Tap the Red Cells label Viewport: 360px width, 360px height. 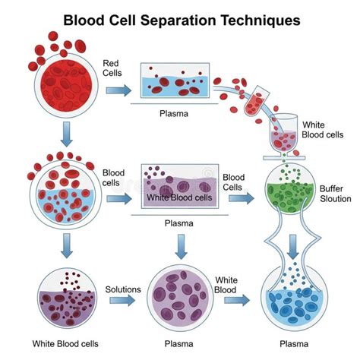(112, 68)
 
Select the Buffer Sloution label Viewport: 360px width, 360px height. (335, 194)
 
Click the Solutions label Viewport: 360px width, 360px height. (123, 289)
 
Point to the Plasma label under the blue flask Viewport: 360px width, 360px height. (294, 344)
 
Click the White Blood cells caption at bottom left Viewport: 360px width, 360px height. (65, 344)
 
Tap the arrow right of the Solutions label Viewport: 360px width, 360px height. (122, 300)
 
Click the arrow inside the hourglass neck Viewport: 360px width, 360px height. (293, 247)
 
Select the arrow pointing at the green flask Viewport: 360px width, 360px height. (242, 198)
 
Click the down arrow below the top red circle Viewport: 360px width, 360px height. (67, 134)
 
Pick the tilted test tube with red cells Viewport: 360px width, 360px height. (256, 101)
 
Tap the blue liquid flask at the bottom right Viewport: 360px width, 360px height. (294, 298)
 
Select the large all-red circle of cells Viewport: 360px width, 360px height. (66, 86)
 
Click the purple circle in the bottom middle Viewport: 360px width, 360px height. (180, 298)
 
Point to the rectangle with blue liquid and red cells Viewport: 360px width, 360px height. (175, 81)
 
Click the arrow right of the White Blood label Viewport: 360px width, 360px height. (237, 300)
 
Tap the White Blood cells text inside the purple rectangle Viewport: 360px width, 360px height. (179, 197)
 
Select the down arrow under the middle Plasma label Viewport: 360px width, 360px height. (182, 247)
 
